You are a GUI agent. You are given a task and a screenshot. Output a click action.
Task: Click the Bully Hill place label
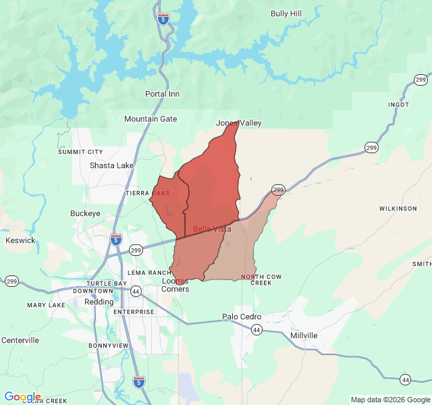point(286,13)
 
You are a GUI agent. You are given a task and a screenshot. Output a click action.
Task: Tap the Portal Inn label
point(162,94)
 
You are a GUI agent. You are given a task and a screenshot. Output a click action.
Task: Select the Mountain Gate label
point(151,119)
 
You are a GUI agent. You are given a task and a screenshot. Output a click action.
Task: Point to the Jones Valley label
point(238,123)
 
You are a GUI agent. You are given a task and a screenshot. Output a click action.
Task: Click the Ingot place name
point(398,105)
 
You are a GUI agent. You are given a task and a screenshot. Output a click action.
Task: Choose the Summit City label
point(80,152)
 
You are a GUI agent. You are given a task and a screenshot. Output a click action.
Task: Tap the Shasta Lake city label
point(111,165)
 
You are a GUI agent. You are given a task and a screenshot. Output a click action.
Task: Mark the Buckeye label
point(85,213)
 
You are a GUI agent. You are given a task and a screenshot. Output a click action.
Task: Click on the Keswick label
point(20,240)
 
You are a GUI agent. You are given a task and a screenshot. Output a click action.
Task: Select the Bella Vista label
point(212,229)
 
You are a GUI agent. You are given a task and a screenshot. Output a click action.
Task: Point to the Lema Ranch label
point(148,273)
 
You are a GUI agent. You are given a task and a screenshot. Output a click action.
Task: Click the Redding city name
point(99,302)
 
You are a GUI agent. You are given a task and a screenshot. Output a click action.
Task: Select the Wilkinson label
point(398,209)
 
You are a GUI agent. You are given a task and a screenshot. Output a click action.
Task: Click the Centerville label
point(20,340)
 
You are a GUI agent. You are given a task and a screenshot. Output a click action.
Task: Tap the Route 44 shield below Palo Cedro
point(256,329)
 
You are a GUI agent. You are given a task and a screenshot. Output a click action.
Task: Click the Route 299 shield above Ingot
point(420,80)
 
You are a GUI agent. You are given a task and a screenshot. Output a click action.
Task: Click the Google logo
point(22,397)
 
